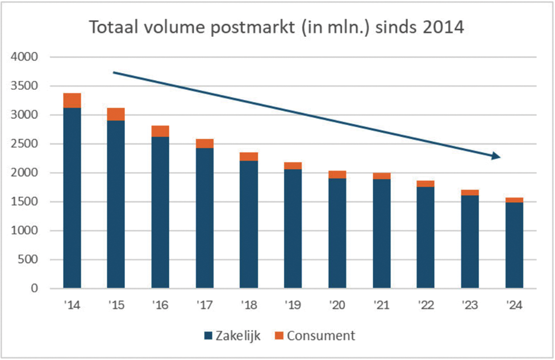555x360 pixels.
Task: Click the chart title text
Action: (277, 27)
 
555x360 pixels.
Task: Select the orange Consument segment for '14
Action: (72, 101)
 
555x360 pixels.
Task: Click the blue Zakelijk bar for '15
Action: (116, 204)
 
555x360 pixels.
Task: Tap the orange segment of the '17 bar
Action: (205, 144)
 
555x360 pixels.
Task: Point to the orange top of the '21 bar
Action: (382, 176)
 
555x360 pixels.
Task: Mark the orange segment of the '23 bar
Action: (470, 192)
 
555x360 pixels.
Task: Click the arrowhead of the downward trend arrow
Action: (495, 156)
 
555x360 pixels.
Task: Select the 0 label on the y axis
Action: (34, 289)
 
